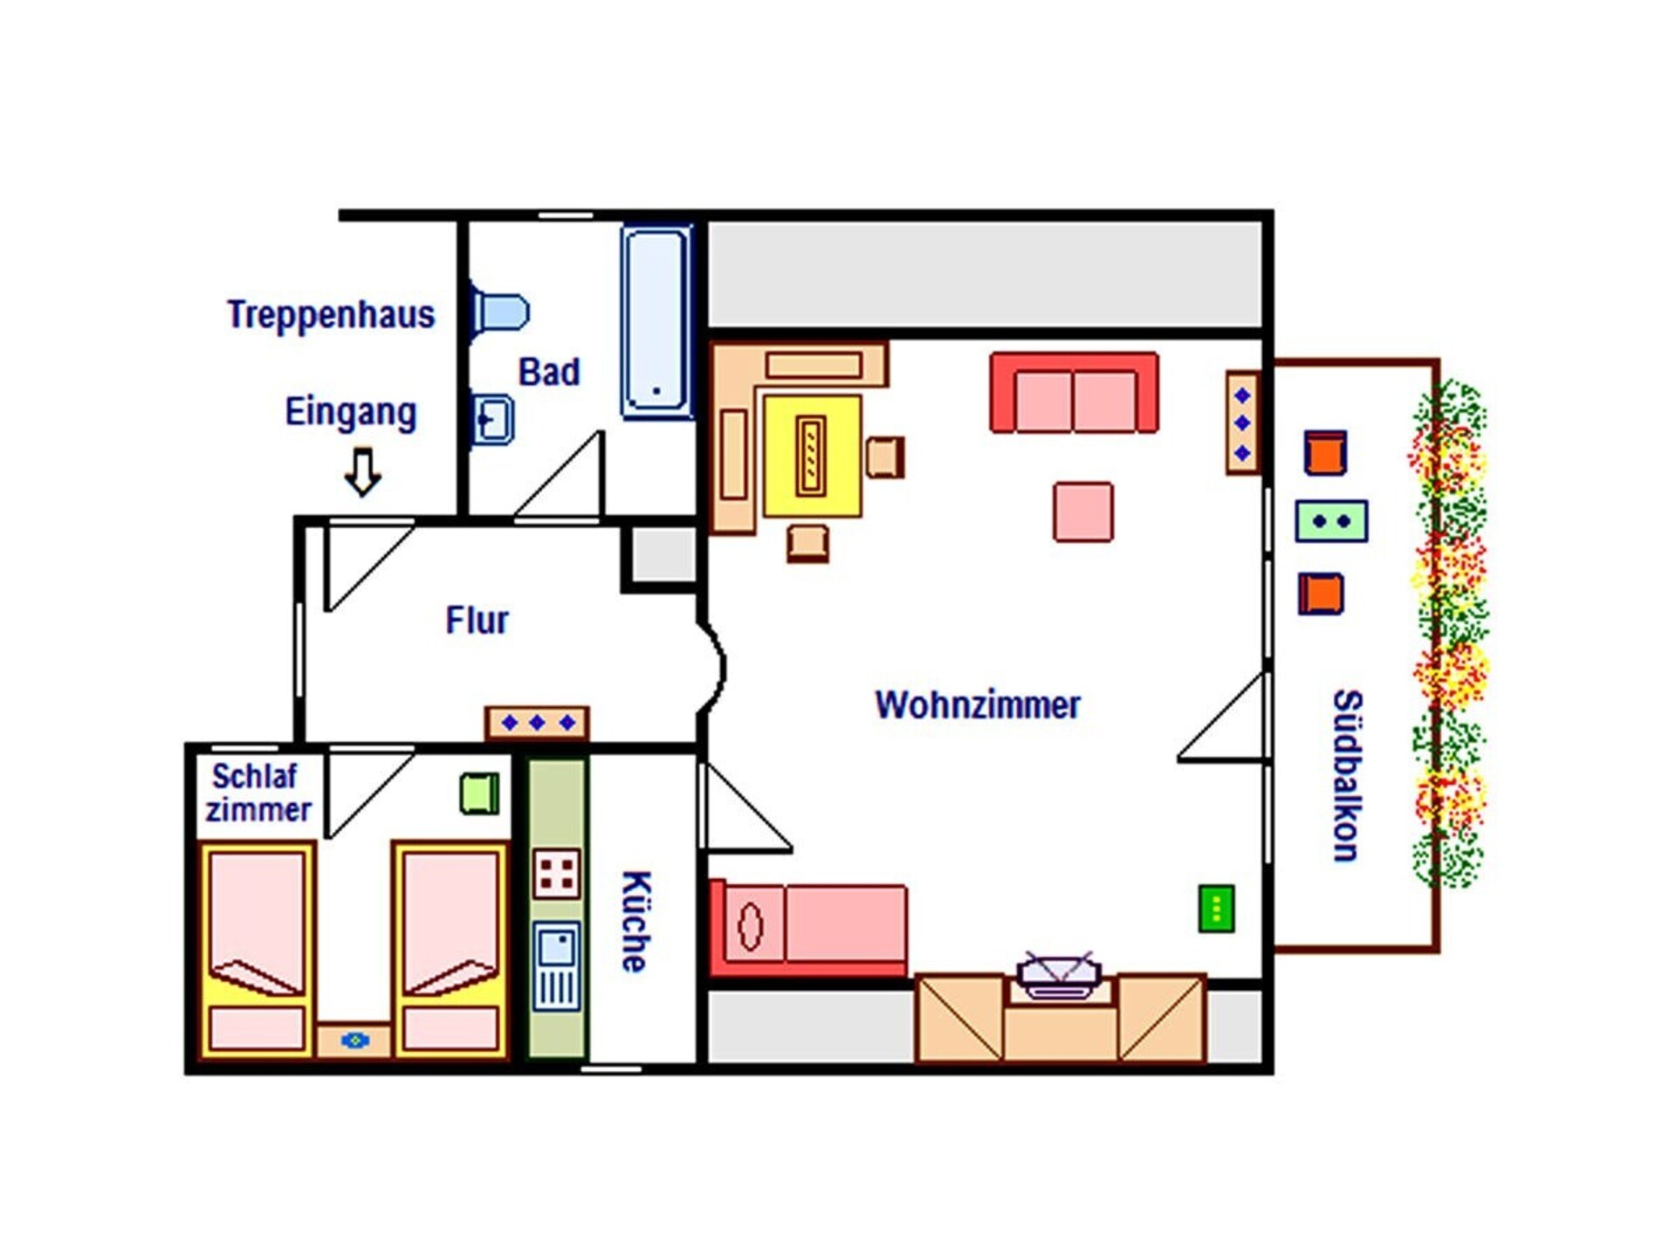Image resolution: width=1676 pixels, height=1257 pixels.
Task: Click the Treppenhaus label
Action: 331,315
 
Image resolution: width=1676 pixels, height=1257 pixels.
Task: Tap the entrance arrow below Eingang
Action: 362,471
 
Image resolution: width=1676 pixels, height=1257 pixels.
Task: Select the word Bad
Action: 549,372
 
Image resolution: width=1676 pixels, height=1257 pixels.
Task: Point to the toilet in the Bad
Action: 499,312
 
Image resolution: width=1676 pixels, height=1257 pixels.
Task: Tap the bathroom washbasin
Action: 492,419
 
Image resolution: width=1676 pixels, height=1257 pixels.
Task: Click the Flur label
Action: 477,621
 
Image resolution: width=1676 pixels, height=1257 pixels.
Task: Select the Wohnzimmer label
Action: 978,705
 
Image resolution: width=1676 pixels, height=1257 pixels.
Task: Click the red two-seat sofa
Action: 1075,393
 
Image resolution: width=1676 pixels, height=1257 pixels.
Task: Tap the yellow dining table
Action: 812,456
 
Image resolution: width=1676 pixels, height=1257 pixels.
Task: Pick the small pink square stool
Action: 1083,512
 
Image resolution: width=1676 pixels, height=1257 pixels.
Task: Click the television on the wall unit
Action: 1058,975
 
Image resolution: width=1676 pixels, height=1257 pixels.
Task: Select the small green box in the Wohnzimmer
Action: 1217,909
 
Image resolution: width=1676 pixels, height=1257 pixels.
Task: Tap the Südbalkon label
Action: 1347,776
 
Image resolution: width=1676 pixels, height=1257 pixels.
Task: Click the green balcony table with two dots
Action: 1331,521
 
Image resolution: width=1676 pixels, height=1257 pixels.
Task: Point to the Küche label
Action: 635,922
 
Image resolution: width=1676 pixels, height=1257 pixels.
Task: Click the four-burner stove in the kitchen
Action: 557,873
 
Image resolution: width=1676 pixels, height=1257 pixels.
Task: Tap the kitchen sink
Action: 557,966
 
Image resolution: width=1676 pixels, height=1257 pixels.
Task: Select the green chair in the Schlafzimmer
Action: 479,793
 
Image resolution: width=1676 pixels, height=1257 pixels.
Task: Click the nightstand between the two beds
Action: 354,1041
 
